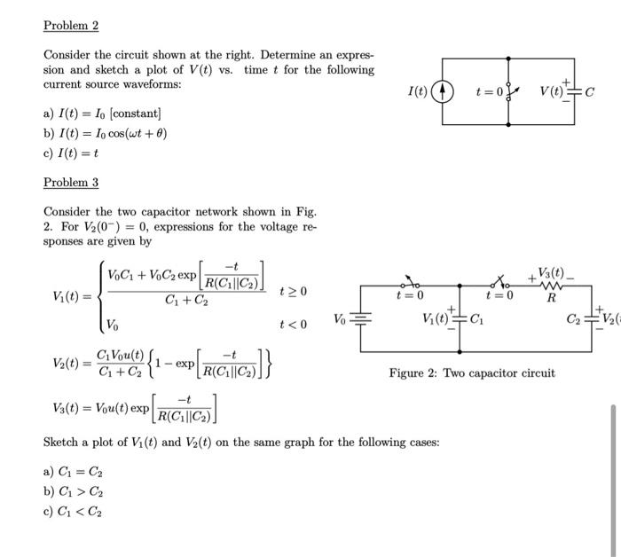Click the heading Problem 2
tap(70, 26)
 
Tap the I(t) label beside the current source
tap(417, 90)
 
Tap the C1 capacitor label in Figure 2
tap(476, 319)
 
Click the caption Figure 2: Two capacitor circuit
tap(472, 373)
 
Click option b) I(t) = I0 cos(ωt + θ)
tap(106, 134)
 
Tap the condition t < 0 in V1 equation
tap(293, 325)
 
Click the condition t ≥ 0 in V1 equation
tap(293, 291)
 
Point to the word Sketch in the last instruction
tap(63, 442)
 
